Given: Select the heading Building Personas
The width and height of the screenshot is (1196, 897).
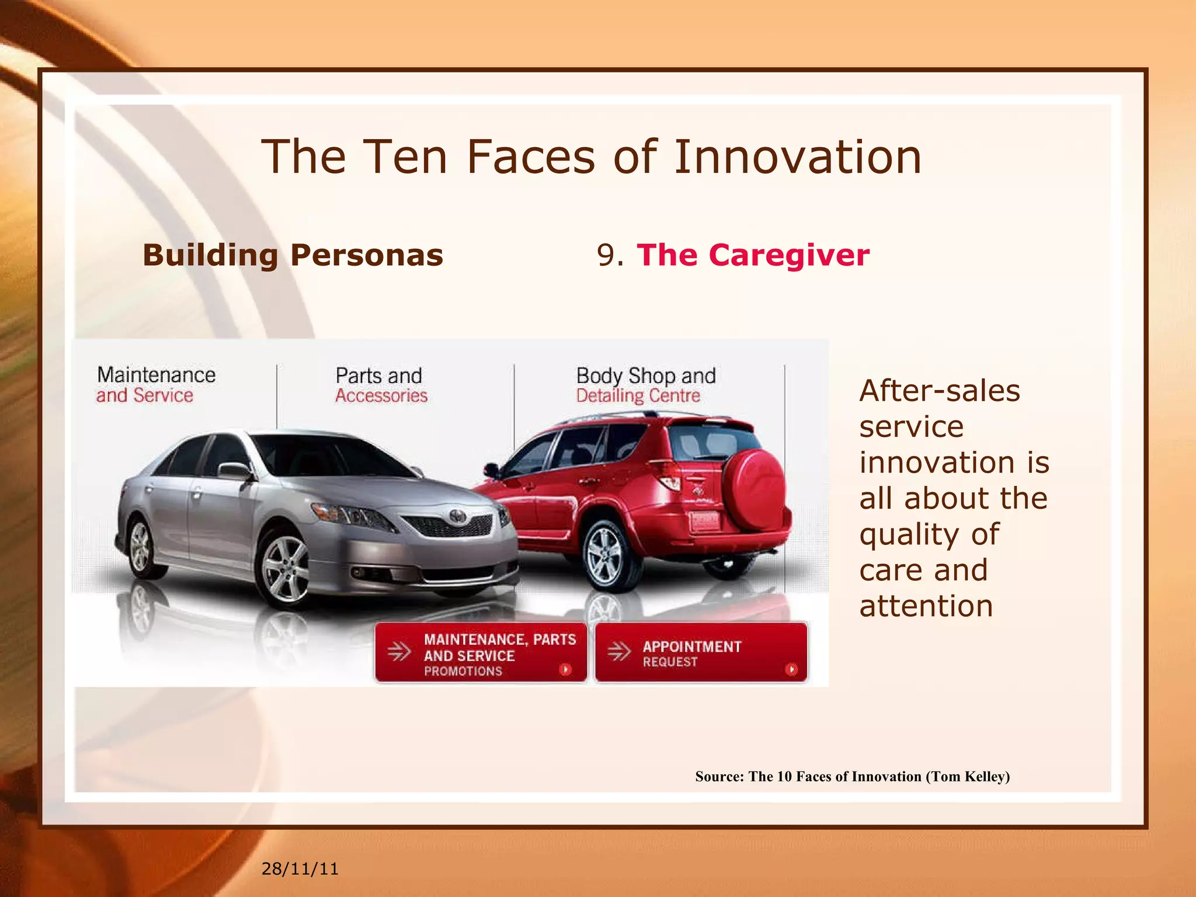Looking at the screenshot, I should pyautogui.click(x=293, y=255).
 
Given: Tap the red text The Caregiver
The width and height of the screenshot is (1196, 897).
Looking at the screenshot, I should pyautogui.click(x=753, y=255).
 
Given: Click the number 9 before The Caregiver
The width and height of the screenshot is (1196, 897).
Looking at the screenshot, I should pyautogui.click(x=606, y=256).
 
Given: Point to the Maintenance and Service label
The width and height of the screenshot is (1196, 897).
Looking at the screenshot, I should pyautogui.click(x=156, y=385).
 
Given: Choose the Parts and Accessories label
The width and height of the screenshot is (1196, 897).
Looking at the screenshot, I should pyautogui.click(x=381, y=385).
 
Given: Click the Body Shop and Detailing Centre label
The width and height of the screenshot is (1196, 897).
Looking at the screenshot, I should pyautogui.click(x=645, y=385).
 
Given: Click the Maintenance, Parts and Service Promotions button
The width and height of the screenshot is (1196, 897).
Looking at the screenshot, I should pyautogui.click(x=481, y=652).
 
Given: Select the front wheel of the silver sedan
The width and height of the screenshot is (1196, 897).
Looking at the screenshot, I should pyautogui.click(x=286, y=569).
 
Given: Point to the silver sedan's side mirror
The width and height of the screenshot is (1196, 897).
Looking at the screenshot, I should pyautogui.click(x=234, y=470).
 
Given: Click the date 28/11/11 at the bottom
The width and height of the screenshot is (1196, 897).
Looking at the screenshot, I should pyautogui.click(x=300, y=869).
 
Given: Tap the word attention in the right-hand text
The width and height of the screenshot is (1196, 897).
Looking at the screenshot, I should pyautogui.click(x=926, y=606).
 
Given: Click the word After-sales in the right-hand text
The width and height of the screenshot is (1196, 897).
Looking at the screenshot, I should pyautogui.click(x=940, y=391).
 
